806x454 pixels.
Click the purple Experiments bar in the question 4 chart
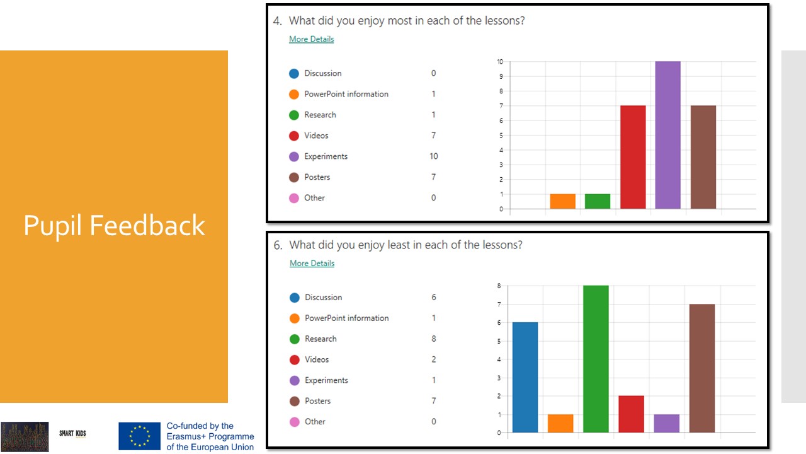(667, 135)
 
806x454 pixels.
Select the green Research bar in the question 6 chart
(596, 359)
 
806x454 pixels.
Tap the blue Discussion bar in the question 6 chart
(525, 377)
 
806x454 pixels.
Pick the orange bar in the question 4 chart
(562, 201)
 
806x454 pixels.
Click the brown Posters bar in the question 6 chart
(701, 368)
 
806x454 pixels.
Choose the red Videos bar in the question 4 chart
(633, 157)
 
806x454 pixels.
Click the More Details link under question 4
(311, 39)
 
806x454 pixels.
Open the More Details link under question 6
(312, 264)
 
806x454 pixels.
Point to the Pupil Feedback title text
(114, 225)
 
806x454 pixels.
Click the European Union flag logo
(139, 436)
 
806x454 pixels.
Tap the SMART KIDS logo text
(72, 434)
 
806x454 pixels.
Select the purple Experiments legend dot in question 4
(294, 156)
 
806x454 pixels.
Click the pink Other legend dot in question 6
(295, 422)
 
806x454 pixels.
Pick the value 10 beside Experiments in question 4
(433, 156)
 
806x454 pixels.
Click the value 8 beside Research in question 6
(433, 339)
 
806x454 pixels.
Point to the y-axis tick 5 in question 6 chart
(499, 341)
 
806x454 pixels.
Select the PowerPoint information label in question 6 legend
(346, 318)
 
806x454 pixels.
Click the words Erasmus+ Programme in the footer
(210, 436)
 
